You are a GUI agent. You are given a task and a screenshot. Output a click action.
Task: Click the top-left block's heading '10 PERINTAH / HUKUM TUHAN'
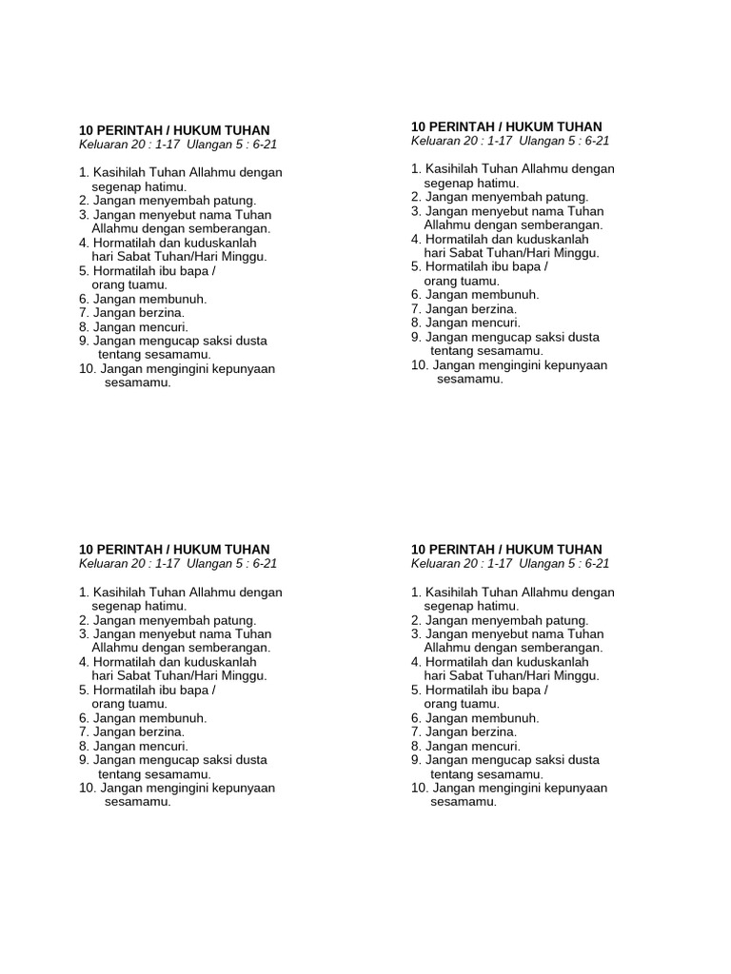[174, 130]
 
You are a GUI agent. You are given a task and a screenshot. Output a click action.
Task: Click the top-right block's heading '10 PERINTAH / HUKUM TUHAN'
[506, 127]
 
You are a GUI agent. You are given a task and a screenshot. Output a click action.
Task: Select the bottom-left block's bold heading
[174, 550]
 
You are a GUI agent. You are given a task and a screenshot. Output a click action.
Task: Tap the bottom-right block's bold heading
[506, 550]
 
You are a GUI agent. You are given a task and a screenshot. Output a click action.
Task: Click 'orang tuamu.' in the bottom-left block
[129, 704]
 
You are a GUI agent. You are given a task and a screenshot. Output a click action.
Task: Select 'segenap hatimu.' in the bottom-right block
[471, 606]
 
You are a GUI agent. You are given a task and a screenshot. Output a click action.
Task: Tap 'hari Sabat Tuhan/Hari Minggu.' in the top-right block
[511, 253]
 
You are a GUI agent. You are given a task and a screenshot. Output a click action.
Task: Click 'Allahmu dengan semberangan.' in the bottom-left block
[181, 648]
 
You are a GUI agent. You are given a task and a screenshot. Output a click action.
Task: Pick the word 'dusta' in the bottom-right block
[582, 760]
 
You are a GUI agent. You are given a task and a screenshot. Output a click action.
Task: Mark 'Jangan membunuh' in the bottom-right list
[482, 718]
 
